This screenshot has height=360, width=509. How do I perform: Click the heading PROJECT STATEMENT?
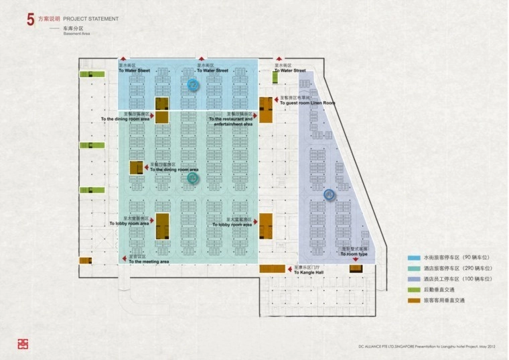coord(91,19)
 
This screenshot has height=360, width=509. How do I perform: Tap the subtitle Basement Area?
coord(76,34)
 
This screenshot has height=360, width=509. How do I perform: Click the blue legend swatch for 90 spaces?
coord(413,257)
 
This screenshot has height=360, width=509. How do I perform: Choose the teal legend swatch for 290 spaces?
coord(413,267)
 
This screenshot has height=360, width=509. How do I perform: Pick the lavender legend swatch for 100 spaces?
coord(413,278)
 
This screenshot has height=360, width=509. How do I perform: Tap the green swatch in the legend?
coord(413,289)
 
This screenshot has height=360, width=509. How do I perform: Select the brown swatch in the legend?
coord(413,300)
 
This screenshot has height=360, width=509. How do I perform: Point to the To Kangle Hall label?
coord(309,273)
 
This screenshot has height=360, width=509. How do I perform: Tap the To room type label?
coord(354,254)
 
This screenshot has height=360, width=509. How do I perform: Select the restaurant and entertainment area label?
coord(232,121)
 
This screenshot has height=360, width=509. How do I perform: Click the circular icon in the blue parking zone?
coord(193,85)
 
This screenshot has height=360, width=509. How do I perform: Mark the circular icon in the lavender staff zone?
coord(329,195)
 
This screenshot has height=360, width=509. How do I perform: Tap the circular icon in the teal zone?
coord(193,178)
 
